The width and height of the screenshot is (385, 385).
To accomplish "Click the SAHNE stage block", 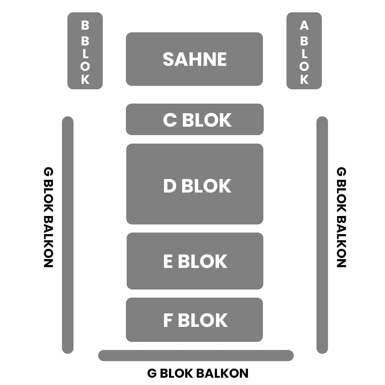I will (194, 59).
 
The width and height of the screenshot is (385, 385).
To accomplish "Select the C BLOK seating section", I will (194, 119).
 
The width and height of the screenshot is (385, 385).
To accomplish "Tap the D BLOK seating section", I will (194, 184).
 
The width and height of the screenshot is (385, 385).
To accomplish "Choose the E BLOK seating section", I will (194, 261).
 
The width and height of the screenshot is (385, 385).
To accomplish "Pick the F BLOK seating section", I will (194, 320).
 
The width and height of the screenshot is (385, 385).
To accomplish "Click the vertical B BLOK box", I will (85, 51).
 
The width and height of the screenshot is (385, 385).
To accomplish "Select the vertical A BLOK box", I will (304, 51).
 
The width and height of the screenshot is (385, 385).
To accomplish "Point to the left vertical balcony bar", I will (68, 235).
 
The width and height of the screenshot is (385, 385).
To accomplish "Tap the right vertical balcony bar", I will (322, 235).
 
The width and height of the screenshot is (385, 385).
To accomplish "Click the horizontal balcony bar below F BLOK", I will (196, 355).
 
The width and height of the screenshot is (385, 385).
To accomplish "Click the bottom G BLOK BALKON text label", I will (198, 373).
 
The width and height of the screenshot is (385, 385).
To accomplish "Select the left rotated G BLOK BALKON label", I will (48, 217).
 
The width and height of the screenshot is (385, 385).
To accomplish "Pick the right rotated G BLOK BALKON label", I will (341, 217).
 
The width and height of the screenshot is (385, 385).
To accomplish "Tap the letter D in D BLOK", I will (170, 186).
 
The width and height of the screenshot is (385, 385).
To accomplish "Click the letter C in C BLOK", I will (170, 120).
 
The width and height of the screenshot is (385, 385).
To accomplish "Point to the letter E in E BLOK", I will (168, 261).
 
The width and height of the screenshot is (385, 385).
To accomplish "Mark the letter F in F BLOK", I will (168, 321).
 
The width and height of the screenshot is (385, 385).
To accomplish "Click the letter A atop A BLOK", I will (304, 26).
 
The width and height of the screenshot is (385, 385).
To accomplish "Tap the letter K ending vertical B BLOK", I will (85, 79).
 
